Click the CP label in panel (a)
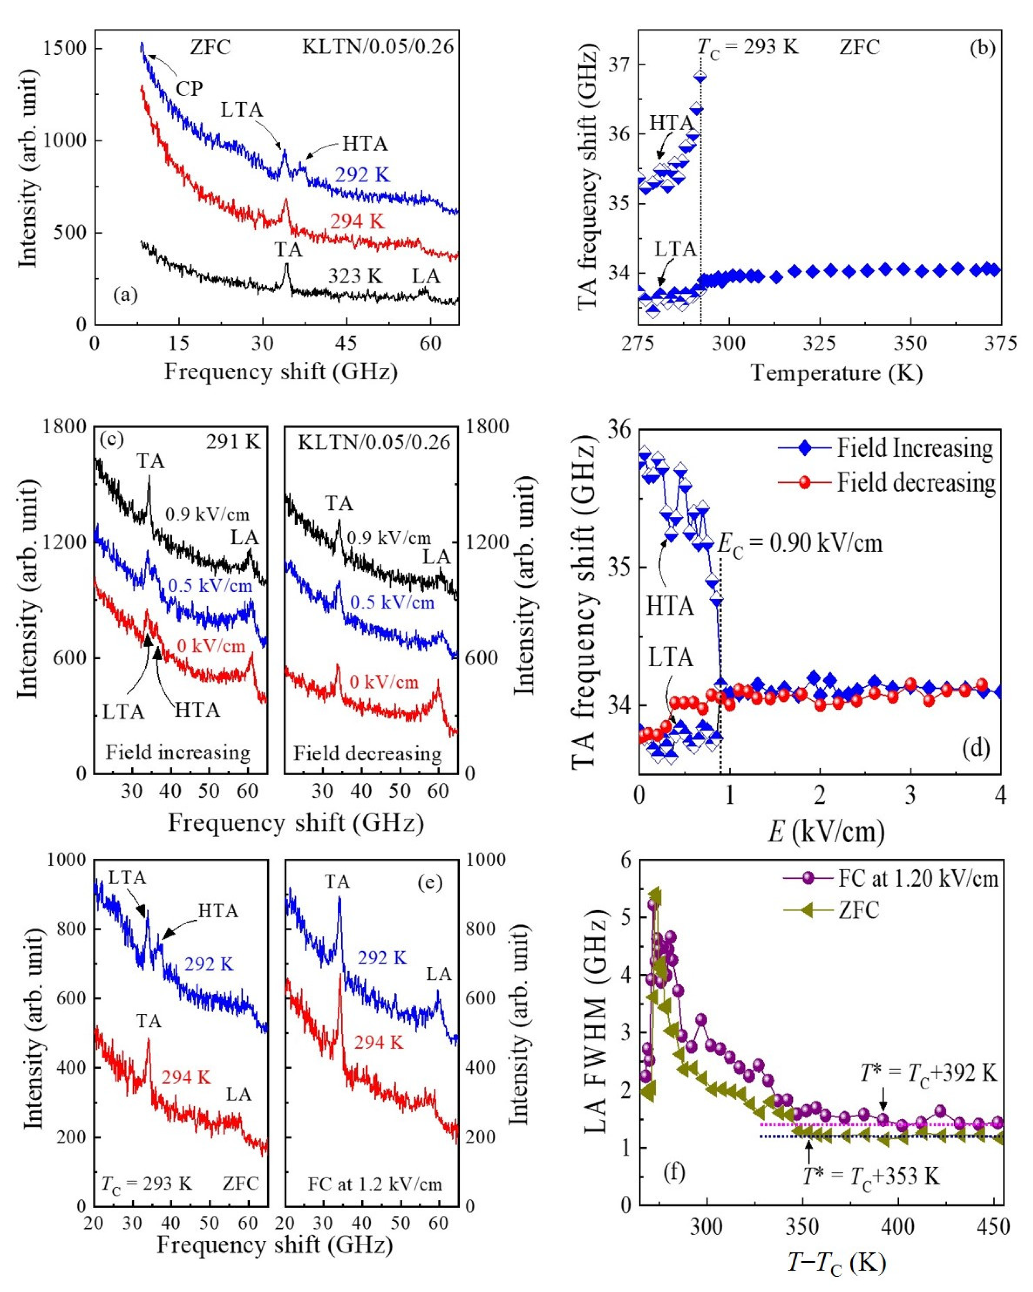pos(189,89)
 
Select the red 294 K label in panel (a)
pos(357,222)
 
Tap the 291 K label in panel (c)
pos(233,442)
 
